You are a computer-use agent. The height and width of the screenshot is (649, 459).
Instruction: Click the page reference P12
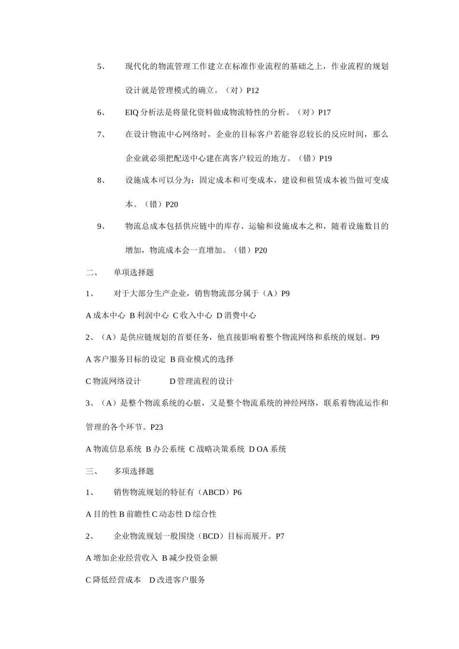click(253, 90)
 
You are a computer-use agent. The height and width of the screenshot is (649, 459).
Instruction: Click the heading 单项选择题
click(134, 273)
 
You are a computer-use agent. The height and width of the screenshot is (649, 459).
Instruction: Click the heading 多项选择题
click(134, 471)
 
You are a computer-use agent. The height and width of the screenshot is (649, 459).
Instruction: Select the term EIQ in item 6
click(131, 113)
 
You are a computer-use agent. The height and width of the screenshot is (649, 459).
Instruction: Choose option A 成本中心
click(105, 316)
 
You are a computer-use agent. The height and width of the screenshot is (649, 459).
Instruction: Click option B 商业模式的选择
click(201, 359)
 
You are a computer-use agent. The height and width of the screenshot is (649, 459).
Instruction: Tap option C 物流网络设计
click(113, 381)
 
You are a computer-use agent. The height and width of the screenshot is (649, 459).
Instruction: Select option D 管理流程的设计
click(201, 381)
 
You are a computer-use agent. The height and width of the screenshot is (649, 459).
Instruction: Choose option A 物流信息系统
click(114, 449)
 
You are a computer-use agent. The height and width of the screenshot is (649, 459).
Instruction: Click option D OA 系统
click(267, 449)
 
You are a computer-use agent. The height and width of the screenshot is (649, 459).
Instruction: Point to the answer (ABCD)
click(213, 493)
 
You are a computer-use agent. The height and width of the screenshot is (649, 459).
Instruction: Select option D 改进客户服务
click(177, 580)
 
